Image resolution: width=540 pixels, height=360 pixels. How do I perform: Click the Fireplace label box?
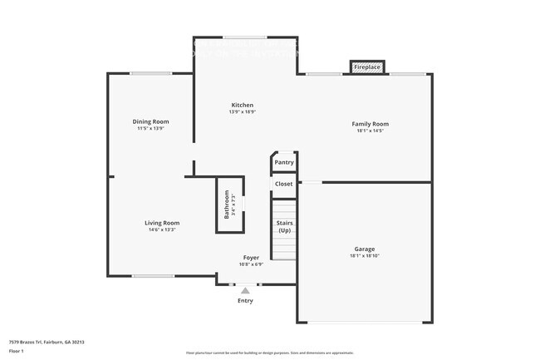pyautogui.click(x=367, y=67)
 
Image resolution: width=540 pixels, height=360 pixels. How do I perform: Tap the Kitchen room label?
pyautogui.click(x=243, y=105)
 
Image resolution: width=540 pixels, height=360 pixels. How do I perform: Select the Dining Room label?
pyautogui.click(x=150, y=121)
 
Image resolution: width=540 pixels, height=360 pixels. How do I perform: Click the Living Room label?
pyautogui.click(x=162, y=223)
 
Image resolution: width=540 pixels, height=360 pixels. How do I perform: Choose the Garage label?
pyautogui.click(x=364, y=249)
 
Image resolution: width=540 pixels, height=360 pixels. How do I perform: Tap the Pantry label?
pyautogui.click(x=284, y=162)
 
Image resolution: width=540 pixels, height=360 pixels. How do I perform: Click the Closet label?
pyautogui.click(x=284, y=184)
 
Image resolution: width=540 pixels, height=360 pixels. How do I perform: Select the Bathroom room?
pyautogui.click(x=228, y=205)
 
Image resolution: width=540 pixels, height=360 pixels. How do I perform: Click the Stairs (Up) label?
pyautogui.click(x=284, y=226)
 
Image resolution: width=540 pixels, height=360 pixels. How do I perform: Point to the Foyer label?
pyautogui.click(x=251, y=258)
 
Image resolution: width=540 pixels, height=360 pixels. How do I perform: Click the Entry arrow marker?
pyautogui.click(x=244, y=291)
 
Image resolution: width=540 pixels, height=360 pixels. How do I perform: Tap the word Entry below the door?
pyautogui.click(x=245, y=300)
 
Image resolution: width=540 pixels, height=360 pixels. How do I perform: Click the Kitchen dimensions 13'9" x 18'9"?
pyautogui.click(x=243, y=112)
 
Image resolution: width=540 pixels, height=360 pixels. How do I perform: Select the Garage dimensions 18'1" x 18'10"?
pyautogui.click(x=364, y=257)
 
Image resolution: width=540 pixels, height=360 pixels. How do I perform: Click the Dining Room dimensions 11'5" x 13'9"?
pyautogui.click(x=150, y=129)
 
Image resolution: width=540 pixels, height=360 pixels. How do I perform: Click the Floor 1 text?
pyautogui.click(x=17, y=352)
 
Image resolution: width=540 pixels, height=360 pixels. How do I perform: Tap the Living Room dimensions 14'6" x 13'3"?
pyautogui.click(x=162, y=230)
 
